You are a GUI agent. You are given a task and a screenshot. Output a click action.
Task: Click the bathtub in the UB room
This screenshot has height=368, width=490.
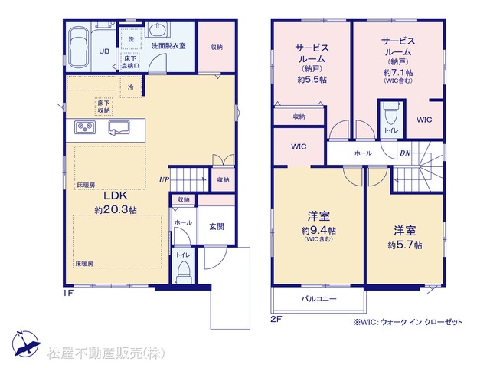tap(79, 48)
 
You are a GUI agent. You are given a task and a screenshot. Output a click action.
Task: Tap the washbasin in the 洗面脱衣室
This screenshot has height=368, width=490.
tap(158, 30)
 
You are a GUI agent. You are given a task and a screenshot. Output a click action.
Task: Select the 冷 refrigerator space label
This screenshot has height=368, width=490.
tap(131, 87)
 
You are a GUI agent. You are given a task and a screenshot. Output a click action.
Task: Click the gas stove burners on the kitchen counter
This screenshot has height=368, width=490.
tap(85, 127)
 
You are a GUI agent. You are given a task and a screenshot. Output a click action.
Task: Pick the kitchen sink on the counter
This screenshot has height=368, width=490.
tap(119, 128)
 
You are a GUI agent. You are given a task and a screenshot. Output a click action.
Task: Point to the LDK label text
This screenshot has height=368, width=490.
tap(116, 196)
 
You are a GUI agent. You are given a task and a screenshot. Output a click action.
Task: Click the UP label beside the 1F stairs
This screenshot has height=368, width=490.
tap(164, 180)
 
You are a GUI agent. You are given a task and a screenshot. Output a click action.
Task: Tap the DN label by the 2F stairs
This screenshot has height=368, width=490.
tap(405, 153)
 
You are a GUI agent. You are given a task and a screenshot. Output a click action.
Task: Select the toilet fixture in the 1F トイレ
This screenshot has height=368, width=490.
tap(183, 272)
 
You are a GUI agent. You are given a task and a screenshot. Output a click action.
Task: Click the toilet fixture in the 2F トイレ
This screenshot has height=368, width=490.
tap(390, 113)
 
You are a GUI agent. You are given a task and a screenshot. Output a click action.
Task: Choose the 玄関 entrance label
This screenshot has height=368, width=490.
tap(217, 227)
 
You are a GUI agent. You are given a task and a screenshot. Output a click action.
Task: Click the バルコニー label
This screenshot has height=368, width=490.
tap(318, 299)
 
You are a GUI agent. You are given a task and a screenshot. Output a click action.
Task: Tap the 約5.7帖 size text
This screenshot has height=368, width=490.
tap(405, 245)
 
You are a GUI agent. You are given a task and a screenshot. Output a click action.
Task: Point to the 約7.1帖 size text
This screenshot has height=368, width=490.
tap(398, 73)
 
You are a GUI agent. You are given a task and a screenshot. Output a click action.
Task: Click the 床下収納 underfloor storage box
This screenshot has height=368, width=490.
tap(104, 107)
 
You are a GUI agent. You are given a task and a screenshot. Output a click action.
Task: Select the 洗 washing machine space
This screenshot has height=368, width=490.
tap(131, 39)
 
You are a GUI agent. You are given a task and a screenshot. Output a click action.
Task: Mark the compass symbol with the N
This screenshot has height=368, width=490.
tap(26, 343)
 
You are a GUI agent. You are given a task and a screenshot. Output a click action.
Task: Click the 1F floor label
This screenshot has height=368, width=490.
tap(68, 293)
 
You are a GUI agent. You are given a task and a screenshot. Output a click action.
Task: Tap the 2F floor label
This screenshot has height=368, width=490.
tap(276, 319)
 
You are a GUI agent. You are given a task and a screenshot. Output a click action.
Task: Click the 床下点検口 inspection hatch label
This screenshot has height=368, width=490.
tap(130, 62)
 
